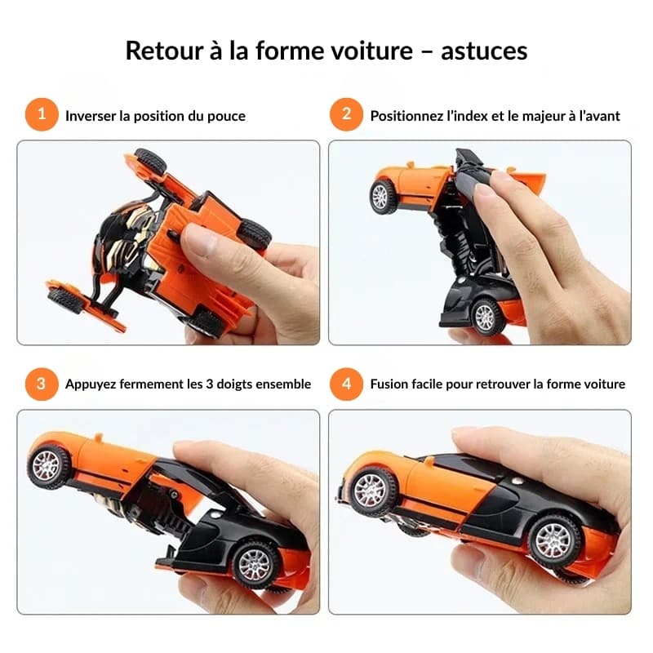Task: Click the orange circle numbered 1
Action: tap(41, 115)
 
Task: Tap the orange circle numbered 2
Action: tap(345, 115)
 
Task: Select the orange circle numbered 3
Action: tap(41, 384)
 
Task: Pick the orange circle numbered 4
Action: tap(345, 384)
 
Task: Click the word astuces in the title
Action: tap(484, 51)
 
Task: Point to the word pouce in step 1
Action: tap(226, 116)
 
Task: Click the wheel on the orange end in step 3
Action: tap(48, 467)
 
